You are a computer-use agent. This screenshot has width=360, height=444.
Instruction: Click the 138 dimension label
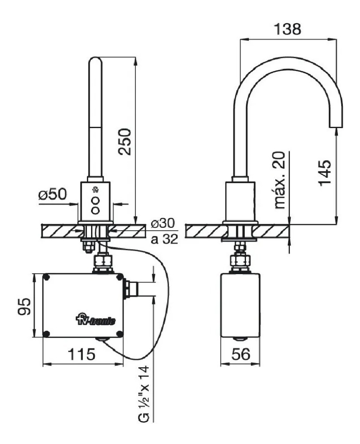287,29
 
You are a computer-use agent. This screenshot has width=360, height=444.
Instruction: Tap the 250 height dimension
125,141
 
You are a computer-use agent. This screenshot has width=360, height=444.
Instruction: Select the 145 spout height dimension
325,172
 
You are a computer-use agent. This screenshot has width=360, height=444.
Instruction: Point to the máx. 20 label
280,180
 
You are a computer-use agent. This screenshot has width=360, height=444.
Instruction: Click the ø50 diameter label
53,194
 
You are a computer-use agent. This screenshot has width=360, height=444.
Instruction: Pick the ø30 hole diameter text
163,223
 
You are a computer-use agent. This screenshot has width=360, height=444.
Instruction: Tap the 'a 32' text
165,239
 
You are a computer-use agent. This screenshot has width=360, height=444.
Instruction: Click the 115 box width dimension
81,354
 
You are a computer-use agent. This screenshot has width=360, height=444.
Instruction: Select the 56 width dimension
241,354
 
